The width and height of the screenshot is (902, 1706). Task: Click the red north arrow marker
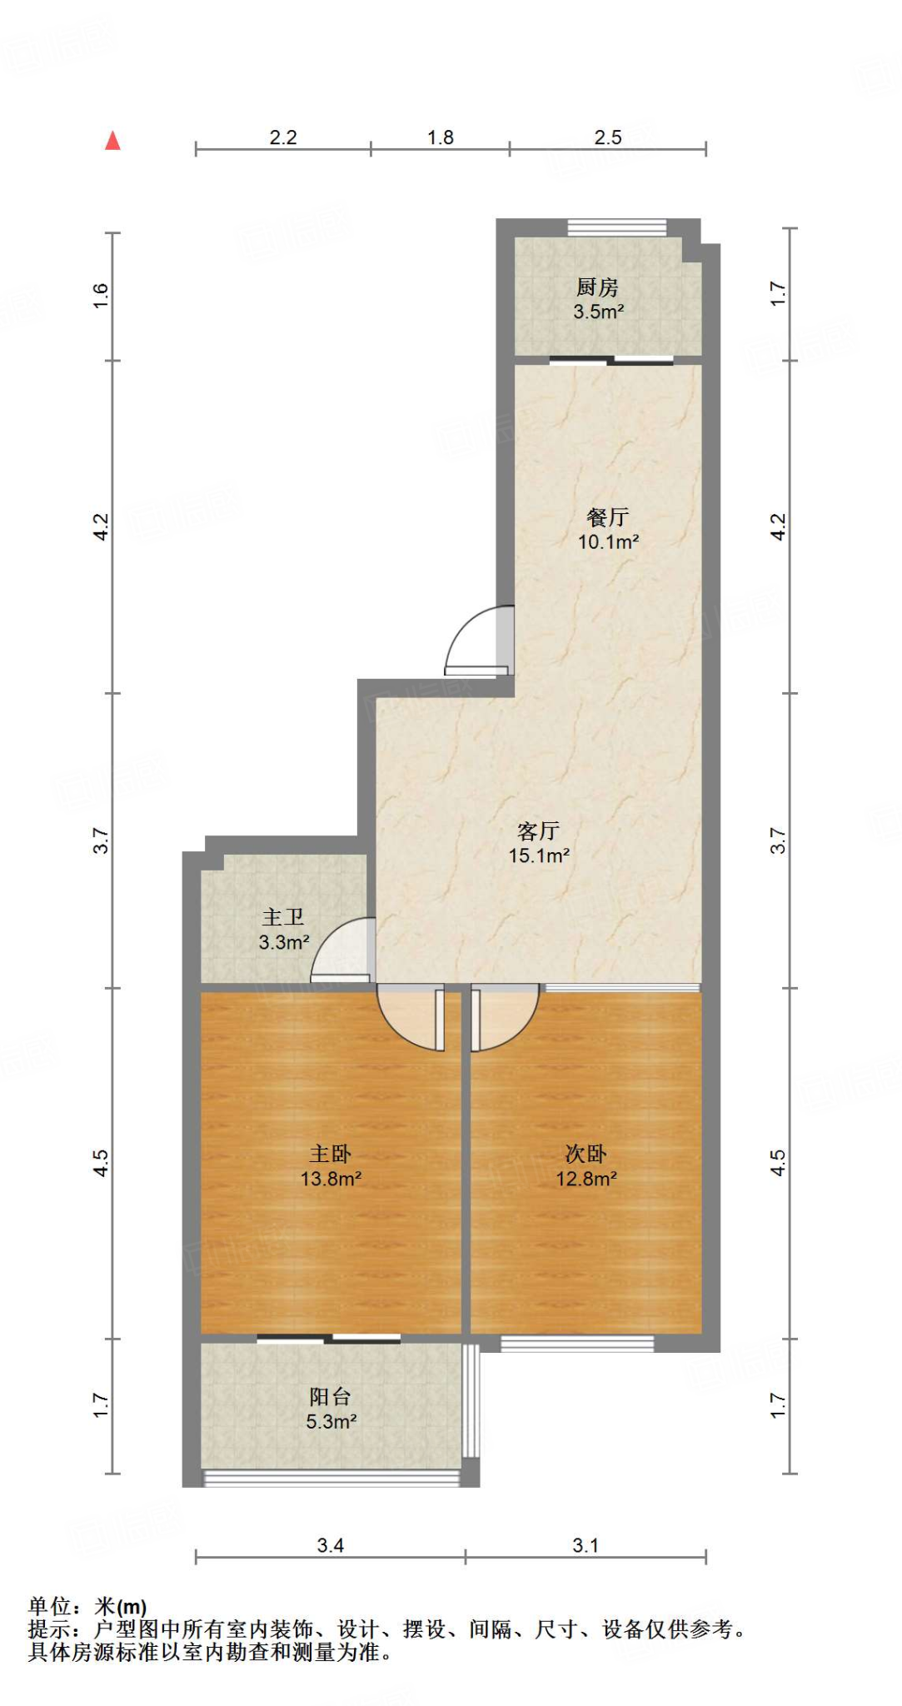pos(113,141)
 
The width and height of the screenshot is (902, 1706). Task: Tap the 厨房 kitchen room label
pos(597,287)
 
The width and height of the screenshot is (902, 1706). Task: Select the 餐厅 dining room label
pos(608,517)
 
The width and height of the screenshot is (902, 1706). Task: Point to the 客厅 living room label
pos(538,831)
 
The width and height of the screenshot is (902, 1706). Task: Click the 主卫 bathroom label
pos(283,917)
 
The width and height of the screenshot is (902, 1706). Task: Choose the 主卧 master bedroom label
pos(331,1154)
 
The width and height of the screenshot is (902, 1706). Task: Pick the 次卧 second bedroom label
pos(586,1154)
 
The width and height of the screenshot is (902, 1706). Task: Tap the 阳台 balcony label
pos(331,1397)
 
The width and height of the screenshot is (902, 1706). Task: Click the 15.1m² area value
pos(539,855)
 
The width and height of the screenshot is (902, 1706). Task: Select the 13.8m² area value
pos(331,1179)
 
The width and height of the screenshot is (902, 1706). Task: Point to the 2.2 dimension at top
pos(283,137)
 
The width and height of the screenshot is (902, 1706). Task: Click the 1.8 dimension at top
pos(441,137)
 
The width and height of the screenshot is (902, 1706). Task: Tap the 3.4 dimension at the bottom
pos(331,1546)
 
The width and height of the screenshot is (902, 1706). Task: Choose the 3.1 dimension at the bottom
pos(586,1546)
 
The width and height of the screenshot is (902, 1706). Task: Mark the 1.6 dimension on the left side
pos(101,296)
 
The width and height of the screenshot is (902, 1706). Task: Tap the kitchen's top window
pos(617,227)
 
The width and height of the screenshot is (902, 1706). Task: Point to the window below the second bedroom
pos(577,1343)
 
